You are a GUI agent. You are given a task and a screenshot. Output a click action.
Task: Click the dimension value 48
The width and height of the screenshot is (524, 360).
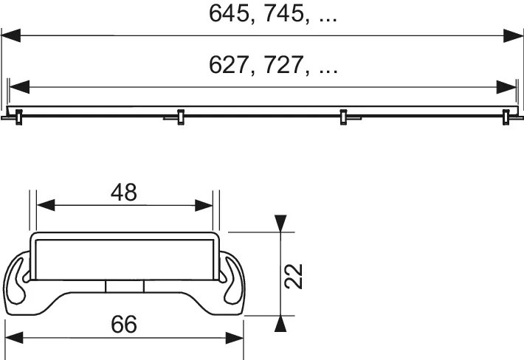tap(124, 193)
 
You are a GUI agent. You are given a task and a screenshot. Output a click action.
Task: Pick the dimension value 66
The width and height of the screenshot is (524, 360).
tap(124, 324)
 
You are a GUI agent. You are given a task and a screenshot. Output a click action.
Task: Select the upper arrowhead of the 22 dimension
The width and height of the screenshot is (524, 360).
tap(279, 223)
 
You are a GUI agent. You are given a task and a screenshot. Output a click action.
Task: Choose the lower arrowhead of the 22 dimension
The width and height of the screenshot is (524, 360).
tap(279, 323)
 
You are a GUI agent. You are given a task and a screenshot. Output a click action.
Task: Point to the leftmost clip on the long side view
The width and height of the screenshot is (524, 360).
tap(16, 116)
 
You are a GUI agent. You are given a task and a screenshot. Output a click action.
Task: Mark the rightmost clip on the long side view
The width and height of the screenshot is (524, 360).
tap(506, 116)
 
